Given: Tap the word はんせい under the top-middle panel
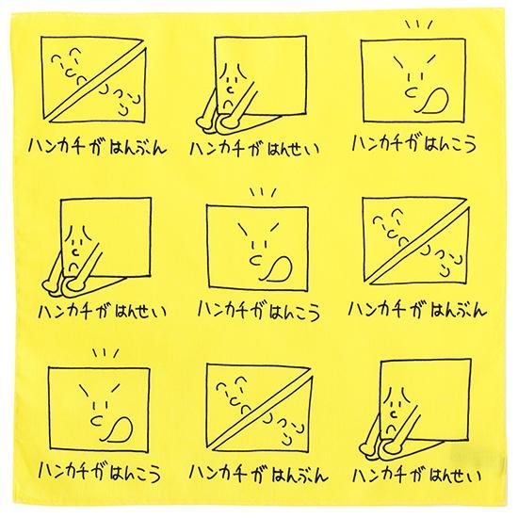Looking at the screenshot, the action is (293, 149).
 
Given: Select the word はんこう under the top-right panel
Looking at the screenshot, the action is (449, 145).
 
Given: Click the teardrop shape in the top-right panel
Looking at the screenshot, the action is (434, 101).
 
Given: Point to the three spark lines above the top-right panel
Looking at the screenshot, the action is (419, 24).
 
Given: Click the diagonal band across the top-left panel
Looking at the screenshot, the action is (96, 81).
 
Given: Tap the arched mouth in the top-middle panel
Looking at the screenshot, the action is (228, 104).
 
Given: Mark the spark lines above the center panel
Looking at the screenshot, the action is (264, 192).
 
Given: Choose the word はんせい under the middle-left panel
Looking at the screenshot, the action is (140, 311).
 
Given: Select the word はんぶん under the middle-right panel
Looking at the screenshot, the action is (459, 310).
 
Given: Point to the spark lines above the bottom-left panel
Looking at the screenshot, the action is (105, 354).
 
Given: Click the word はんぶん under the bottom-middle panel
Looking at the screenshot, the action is (299, 475).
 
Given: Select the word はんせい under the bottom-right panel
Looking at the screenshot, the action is (455, 475).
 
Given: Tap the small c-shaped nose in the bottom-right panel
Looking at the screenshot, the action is (393, 413).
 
